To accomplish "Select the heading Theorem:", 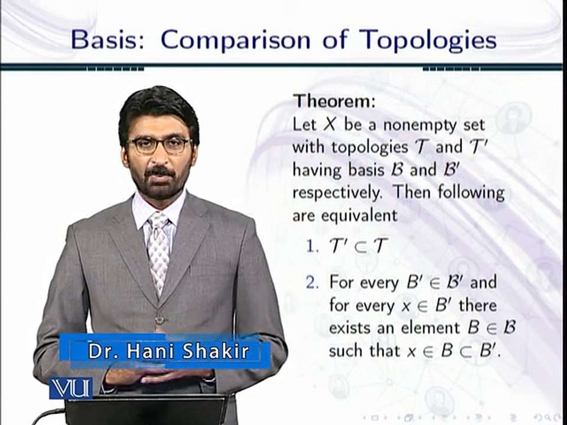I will pos(334,101).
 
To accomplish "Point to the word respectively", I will pos(337,193).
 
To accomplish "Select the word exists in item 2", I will pos(348,328).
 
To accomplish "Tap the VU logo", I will pos(71,388).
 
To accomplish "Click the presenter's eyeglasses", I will pos(158,145).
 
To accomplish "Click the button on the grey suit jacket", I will pos(159,319).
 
